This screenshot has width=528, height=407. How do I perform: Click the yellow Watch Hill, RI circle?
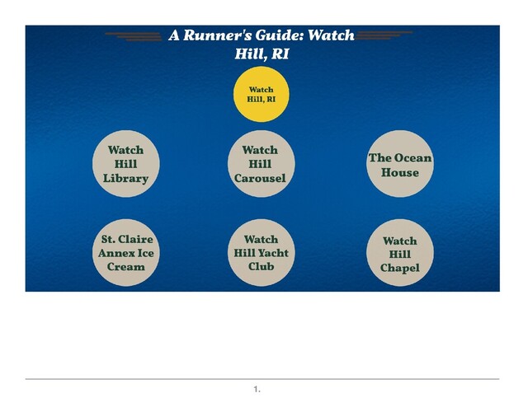pos(261,95)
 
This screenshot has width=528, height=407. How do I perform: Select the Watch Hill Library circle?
pos(125,164)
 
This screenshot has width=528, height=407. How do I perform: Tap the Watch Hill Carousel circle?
pos(260,164)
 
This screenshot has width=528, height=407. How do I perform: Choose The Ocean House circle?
pos(400,165)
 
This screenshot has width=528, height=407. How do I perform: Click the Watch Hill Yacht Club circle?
pos(261,253)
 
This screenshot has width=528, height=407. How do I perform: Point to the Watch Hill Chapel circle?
pos(400,254)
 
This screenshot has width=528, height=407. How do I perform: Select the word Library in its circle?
pos(125,179)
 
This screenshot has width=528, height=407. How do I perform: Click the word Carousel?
pos(260,179)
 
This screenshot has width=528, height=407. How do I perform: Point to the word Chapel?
pos(400,269)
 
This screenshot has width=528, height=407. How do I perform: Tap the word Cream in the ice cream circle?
pos(125,267)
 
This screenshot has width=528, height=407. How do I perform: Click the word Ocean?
pos(412,158)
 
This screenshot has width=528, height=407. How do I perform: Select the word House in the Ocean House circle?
pos(400,173)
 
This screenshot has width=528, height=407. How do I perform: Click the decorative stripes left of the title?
pos(134,36)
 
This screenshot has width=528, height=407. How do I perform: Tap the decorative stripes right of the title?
pos(387,36)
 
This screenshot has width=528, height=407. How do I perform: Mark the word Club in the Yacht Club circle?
pos(261,267)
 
